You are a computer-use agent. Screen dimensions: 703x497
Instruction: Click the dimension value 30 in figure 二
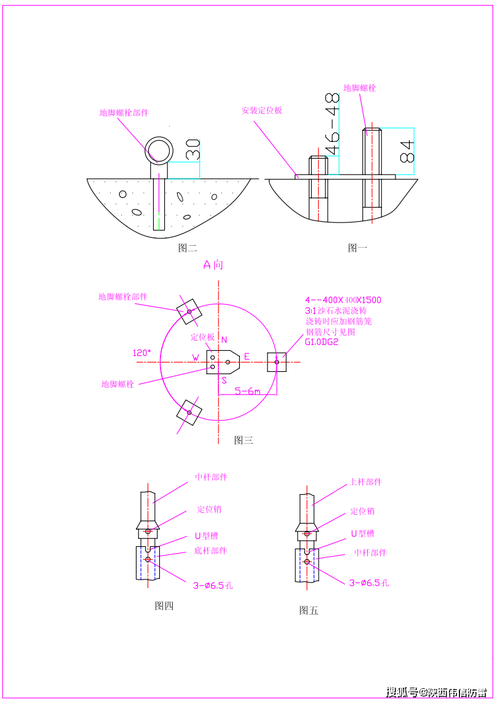[193, 149]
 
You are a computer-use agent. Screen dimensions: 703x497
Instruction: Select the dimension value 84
[407, 151]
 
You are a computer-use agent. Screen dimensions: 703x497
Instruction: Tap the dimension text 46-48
[332, 124]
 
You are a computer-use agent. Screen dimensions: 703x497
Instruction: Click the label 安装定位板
[261, 111]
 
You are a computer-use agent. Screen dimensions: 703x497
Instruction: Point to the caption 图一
[357, 248]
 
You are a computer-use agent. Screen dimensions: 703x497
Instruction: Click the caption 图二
[187, 248]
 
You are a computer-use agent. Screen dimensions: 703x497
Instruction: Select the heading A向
[213, 265]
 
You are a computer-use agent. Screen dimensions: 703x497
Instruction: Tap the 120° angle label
[141, 353]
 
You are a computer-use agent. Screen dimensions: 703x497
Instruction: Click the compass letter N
[224, 340]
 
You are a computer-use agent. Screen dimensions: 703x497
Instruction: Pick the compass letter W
[196, 358]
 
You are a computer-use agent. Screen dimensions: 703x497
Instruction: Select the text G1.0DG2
[322, 342]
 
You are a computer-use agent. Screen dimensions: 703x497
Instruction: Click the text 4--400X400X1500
[343, 300]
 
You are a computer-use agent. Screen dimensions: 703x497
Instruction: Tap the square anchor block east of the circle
[277, 362]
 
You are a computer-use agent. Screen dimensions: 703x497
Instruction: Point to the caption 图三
[244, 440]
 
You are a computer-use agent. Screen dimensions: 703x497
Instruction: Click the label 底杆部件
[210, 551]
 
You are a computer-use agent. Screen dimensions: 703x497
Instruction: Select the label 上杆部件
[365, 482]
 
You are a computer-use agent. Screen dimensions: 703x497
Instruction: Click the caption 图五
[309, 610]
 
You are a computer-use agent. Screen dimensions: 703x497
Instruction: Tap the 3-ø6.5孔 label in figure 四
[213, 586]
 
